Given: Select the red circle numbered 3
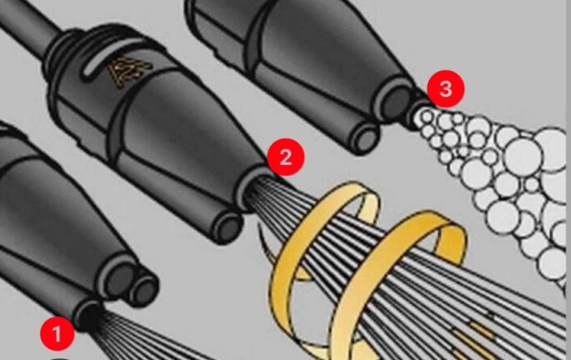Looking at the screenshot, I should pyautogui.click(x=446, y=89).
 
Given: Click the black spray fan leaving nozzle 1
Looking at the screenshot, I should pyautogui.click(x=138, y=339).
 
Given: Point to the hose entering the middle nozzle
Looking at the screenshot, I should pyautogui.click(x=26, y=24).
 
